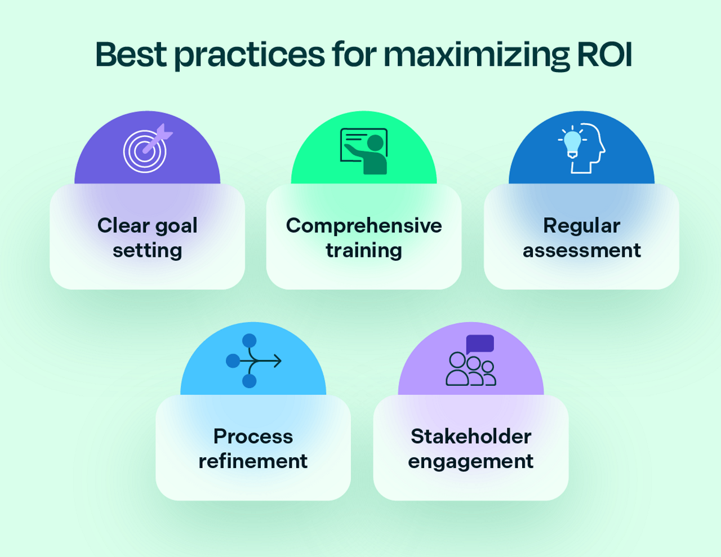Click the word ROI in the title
pos(604,55)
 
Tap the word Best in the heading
pos(131,55)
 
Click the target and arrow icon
pos(146,149)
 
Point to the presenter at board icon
pos(364,151)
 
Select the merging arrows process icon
pos(253,360)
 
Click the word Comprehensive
pos(364,225)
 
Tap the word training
pos(364,250)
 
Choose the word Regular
pos(581,225)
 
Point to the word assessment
pos(581,250)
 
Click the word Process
pos(253,436)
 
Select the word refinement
pos(253,461)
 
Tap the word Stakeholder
pos(471,436)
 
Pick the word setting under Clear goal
pos(147,251)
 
